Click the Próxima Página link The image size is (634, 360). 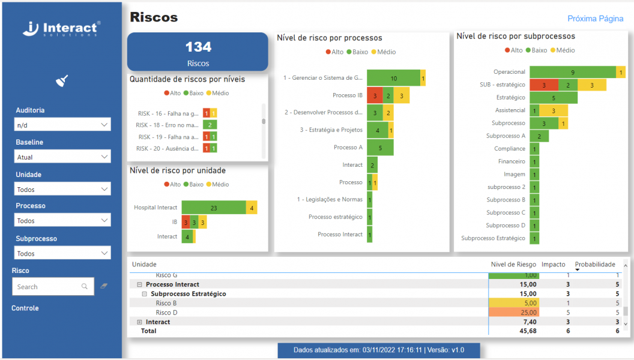point(595,19)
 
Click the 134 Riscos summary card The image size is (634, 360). point(198,52)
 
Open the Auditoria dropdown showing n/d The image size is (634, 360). point(62,125)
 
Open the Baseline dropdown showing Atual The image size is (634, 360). point(62,157)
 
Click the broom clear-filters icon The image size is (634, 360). point(62,81)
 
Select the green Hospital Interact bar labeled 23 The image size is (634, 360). point(214,208)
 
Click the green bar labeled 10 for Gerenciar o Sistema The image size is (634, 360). point(393,78)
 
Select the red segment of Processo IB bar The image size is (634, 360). point(374,95)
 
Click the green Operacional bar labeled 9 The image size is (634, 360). point(572,72)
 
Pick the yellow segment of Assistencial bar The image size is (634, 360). point(553,110)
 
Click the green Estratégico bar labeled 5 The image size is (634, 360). point(553,97)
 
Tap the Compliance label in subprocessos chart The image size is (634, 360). point(509,149)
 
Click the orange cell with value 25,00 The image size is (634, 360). point(514,313)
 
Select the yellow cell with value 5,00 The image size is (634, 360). point(514,304)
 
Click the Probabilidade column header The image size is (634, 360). point(594,265)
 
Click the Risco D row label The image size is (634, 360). point(166,313)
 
